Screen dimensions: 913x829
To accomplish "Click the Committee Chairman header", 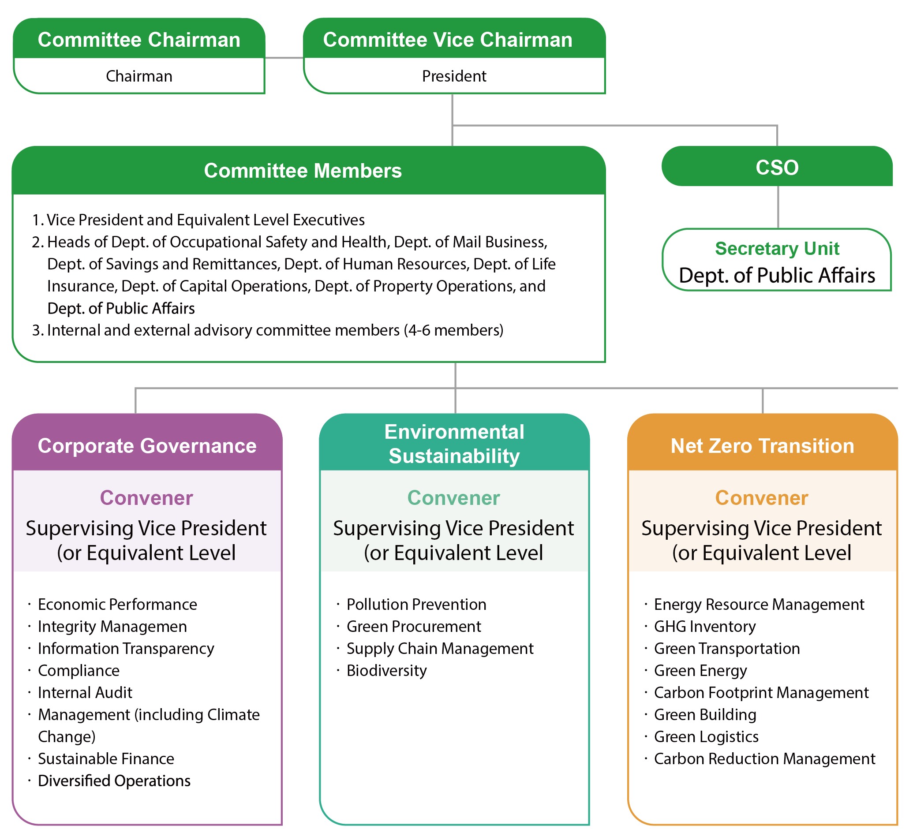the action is point(139,38).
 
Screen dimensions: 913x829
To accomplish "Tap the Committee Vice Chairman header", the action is point(454,38).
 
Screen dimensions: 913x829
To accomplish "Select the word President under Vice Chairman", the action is point(454,76).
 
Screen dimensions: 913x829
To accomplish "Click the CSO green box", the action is point(777,166).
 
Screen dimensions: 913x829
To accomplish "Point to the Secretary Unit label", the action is point(777,249).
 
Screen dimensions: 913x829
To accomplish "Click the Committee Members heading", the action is point(303,171).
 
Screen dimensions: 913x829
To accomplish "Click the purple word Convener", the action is point(147,498).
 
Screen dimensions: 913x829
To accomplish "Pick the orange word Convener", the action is point(762,498).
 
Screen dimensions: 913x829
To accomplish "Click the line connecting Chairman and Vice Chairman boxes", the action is point(284,58).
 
